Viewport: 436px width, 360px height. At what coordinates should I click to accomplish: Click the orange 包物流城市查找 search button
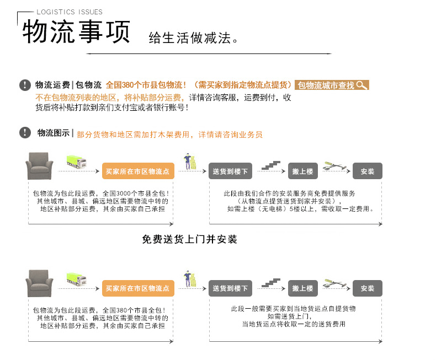[x=332, y=85]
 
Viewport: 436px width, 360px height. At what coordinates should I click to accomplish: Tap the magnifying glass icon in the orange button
[x=361, y=85]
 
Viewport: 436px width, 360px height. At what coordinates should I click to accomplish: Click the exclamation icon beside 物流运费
[x=25, y=85]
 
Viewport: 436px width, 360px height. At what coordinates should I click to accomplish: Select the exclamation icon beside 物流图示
[x=25, y=132]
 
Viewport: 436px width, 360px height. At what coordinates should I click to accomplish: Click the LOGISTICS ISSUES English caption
[x=70, y=12]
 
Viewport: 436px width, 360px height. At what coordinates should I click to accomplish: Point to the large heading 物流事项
[x=76, y=31]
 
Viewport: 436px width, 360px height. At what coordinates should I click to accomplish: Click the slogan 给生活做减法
[x=193, y=38]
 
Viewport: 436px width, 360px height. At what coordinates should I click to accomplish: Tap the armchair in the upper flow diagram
[x=39, y=166]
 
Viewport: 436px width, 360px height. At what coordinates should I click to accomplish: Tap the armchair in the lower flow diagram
[x=39, y=283]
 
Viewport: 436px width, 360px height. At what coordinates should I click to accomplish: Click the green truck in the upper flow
[x=77, y=162]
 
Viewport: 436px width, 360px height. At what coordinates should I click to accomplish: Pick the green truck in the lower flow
[x=77, y=279]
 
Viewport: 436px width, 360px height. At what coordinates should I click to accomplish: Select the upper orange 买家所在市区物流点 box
[x=138, y=171]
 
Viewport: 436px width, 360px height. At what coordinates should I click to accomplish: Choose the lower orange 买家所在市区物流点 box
[x=138, y=288]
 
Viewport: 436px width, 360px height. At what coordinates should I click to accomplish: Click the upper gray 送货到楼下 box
[x=231, y=171]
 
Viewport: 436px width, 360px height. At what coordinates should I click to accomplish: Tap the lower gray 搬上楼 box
[x=303, y=288]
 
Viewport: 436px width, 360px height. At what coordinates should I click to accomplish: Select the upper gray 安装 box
[x=368, y=171]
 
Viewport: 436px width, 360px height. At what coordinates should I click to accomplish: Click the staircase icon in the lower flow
[x=271, y=283]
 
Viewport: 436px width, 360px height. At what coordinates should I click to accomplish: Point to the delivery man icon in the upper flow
[x=190, y=162]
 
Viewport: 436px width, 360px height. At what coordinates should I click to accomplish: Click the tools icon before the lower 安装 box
[x=335, y=283]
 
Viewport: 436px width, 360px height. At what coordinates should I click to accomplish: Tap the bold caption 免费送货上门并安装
[x=190, y=239]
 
